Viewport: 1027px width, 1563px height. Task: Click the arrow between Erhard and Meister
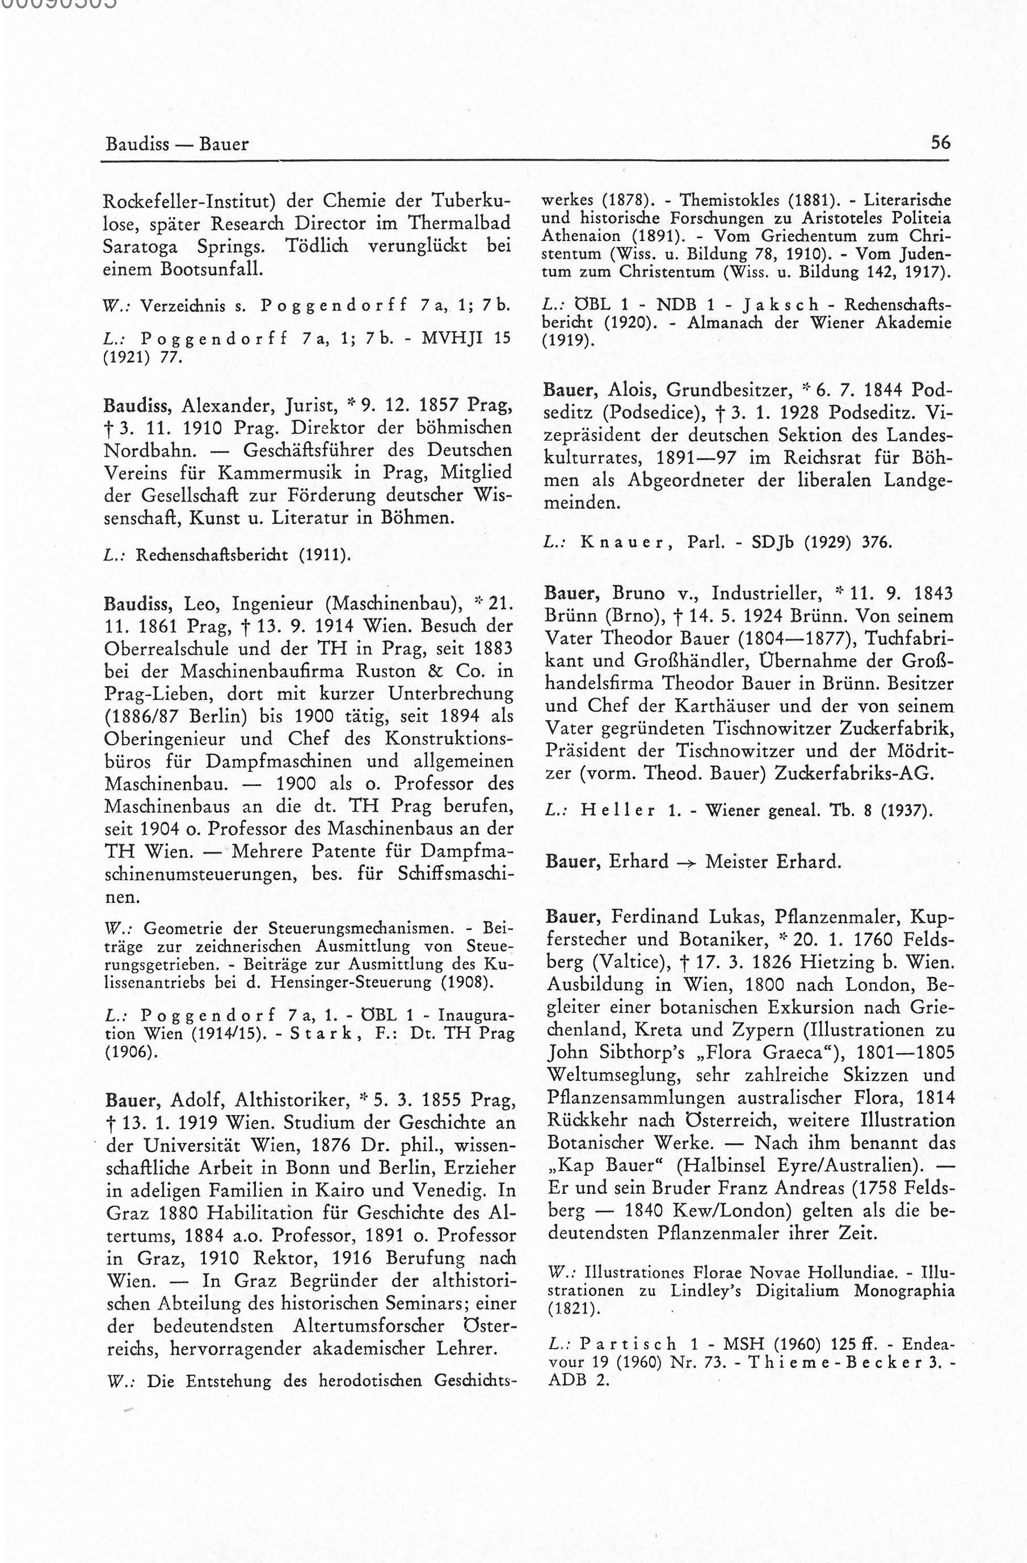tap(687, 861)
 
